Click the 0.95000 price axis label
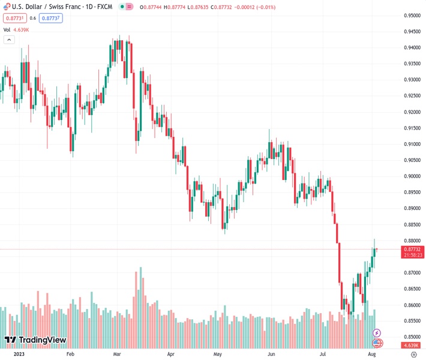[x=412, y=16]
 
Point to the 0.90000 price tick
[x=412, y=176]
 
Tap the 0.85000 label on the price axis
[x=412, y=337]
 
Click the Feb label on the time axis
[x=71, y=355]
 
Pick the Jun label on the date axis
[x=272, y=355]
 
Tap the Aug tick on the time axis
[x=371, y=355]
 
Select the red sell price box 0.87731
[x=13, y=18]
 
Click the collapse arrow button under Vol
[x=9, y=40]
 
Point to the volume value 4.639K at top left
[x=23, y=29]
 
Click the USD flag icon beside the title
[x=6, y=6]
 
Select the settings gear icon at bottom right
[x=413, y=355]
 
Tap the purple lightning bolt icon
[x=377, y=332]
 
